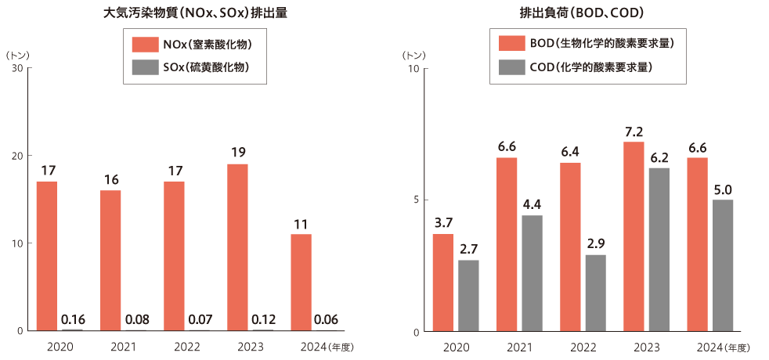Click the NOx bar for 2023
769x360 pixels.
(237, 247)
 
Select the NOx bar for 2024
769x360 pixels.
(301, 282)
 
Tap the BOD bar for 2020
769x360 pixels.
(443, 282)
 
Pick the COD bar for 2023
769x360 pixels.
(659, 249)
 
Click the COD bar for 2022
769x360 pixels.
(595, 293)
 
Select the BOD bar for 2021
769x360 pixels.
(507, 244)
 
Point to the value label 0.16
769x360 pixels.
(73, 319)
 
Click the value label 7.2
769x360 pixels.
(634, 131)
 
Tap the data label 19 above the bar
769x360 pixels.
(237, 152)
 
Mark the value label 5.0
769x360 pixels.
(723, 189)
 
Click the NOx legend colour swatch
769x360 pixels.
(146, 43)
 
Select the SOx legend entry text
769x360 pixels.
(206, 67)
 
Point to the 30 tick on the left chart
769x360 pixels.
(17, 68)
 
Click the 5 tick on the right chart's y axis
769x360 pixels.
(415, 200)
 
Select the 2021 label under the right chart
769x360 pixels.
(519, 346)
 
